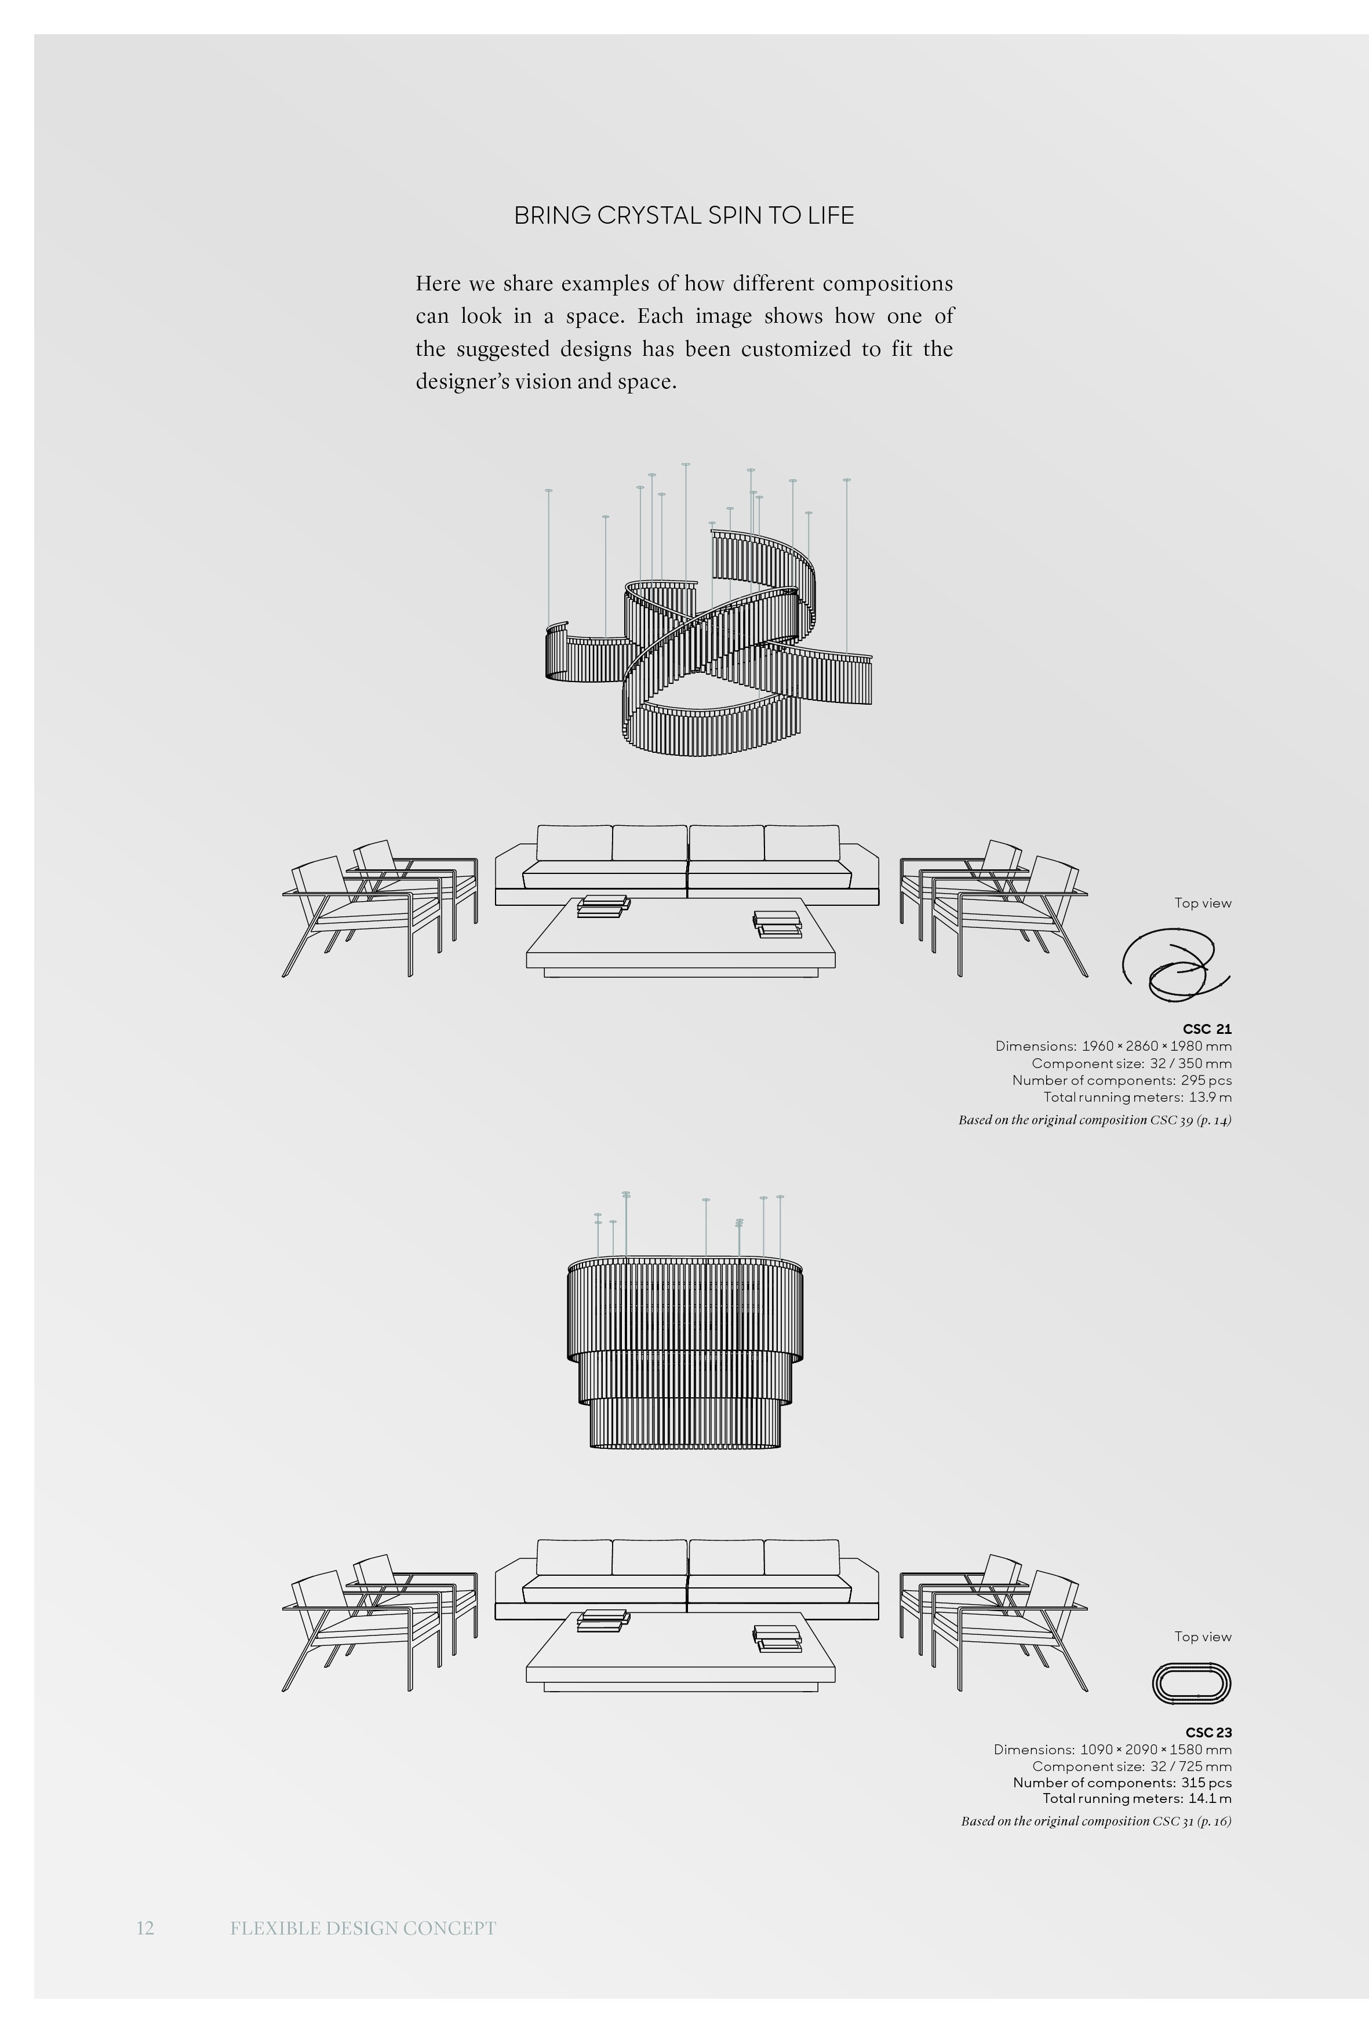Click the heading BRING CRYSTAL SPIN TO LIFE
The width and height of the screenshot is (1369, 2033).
(683, 216)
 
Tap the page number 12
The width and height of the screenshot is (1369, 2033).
(145, 1928)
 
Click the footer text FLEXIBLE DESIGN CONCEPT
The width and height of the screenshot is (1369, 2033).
(363, 1928)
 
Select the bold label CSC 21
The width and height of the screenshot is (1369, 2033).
(1207, 1028)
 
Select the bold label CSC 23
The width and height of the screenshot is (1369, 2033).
(1208, 1732)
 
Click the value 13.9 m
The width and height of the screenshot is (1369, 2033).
(1210, 1096)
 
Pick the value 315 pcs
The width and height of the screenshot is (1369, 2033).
(1207, 1783)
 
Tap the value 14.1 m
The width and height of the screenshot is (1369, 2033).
(1210, 1798)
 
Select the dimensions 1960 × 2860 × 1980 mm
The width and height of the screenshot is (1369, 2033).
(1157, 1045)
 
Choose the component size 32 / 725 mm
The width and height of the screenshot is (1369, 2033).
(1191, 1766)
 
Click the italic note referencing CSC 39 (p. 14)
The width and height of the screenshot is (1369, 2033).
(1095, 1120)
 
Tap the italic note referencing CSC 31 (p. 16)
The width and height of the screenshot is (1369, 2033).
(1096, 1821)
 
